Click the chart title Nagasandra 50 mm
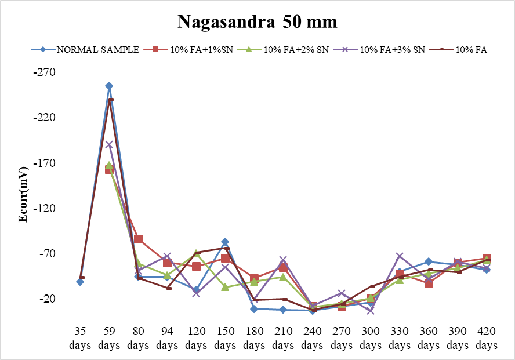click(257, 22)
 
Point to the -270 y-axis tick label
click(45, 72)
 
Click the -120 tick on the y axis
click(45, 209)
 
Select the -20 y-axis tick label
click(47, 299)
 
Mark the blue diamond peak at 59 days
click(109, 86)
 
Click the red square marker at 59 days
click(109, 170)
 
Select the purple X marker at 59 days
click(109, 144)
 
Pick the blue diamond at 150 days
click(225, 242)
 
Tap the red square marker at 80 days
click(139, 239)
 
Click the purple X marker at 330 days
click(400, 256)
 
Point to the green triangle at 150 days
click(225, 287)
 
